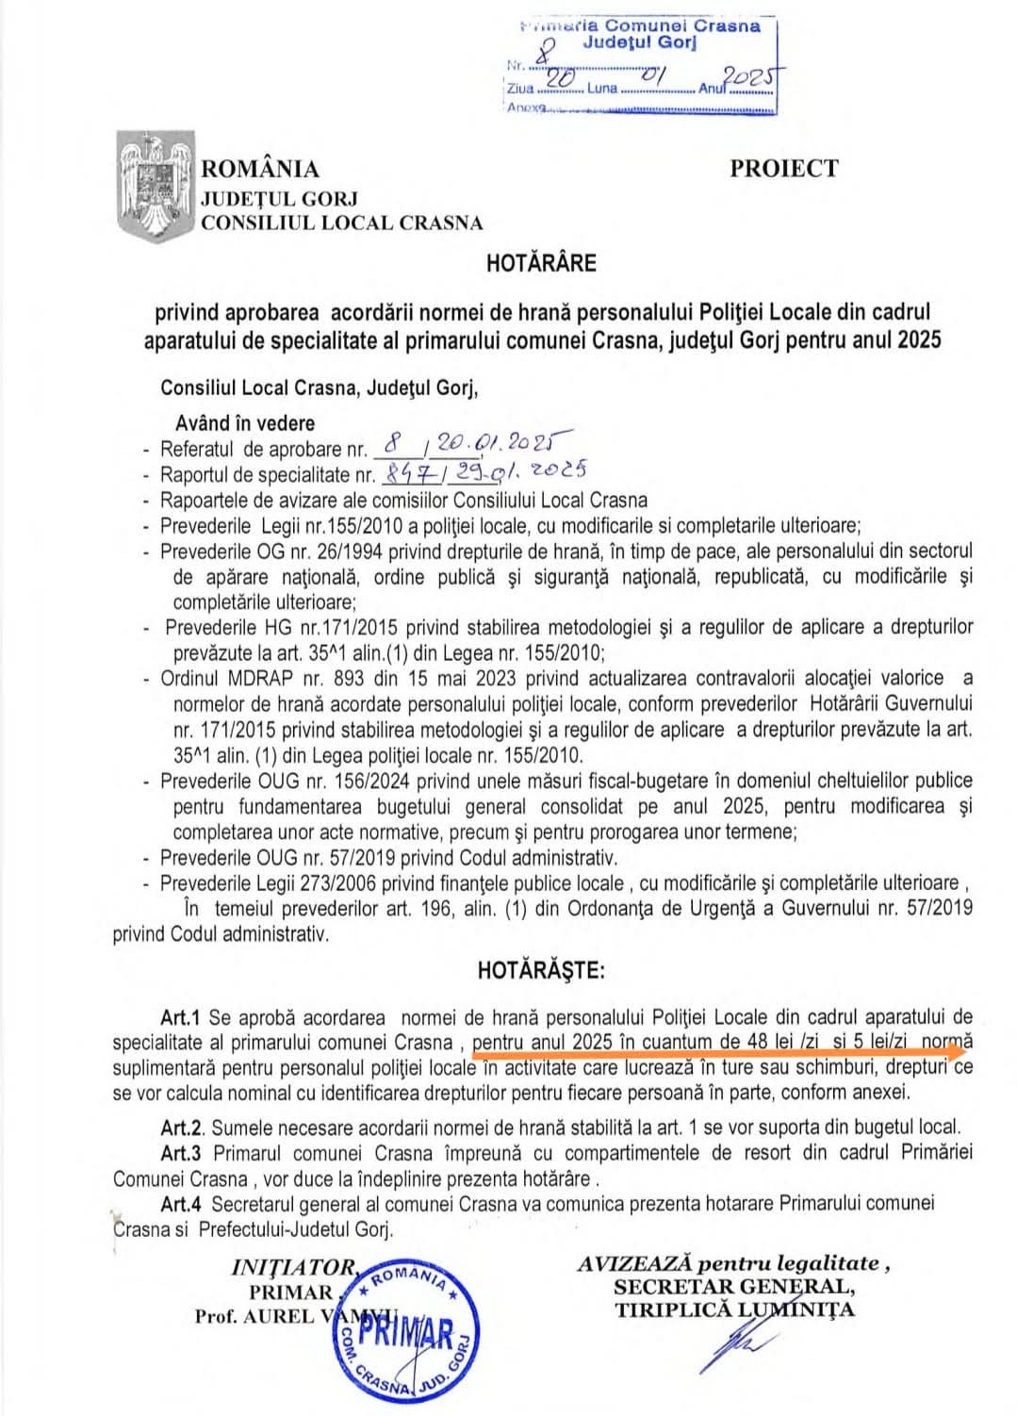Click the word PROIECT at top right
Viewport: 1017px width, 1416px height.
[782, 169]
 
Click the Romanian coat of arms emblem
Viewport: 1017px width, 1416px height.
[155, 187]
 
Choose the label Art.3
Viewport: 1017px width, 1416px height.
[182, 1152]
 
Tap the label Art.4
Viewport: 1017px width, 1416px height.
[182, 1204]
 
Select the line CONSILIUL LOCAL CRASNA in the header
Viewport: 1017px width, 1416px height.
[340, 223]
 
